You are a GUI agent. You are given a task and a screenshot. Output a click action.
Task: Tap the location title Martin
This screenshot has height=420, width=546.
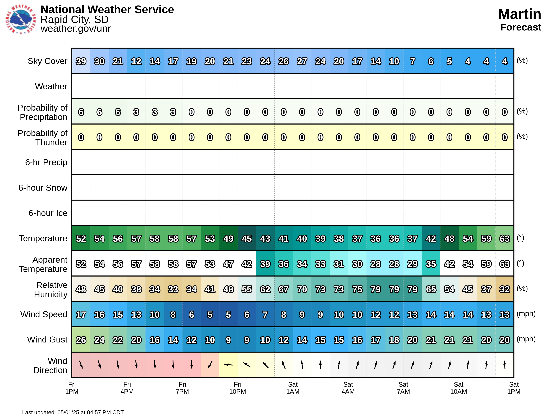(519, 14)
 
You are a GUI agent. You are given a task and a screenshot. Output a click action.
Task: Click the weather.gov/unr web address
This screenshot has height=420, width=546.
(76, 29)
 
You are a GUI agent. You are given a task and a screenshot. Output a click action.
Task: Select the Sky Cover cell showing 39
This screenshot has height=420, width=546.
(81, 61)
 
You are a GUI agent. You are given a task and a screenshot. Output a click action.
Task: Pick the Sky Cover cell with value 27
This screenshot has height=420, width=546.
(302, 61)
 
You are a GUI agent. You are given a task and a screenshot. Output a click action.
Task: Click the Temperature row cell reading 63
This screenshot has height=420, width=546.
(504, 238)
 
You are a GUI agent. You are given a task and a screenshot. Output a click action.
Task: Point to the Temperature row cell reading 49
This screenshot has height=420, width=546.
(228, 238)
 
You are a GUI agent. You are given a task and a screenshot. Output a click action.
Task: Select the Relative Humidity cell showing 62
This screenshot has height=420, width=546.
(265, 289)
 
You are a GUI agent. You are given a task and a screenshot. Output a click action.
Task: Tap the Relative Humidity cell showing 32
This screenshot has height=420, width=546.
(504, 289)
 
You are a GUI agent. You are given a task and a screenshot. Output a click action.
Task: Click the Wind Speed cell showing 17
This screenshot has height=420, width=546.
(81, 314)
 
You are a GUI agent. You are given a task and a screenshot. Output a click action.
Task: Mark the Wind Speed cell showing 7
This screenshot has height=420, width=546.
(265, 314)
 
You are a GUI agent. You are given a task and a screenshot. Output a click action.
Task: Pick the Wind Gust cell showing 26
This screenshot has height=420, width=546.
(81, 340)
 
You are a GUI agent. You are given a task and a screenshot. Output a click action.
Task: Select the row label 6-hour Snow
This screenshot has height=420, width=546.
(43, 188)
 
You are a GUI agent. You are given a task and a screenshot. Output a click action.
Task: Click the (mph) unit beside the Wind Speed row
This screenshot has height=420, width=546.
(526, 314)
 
